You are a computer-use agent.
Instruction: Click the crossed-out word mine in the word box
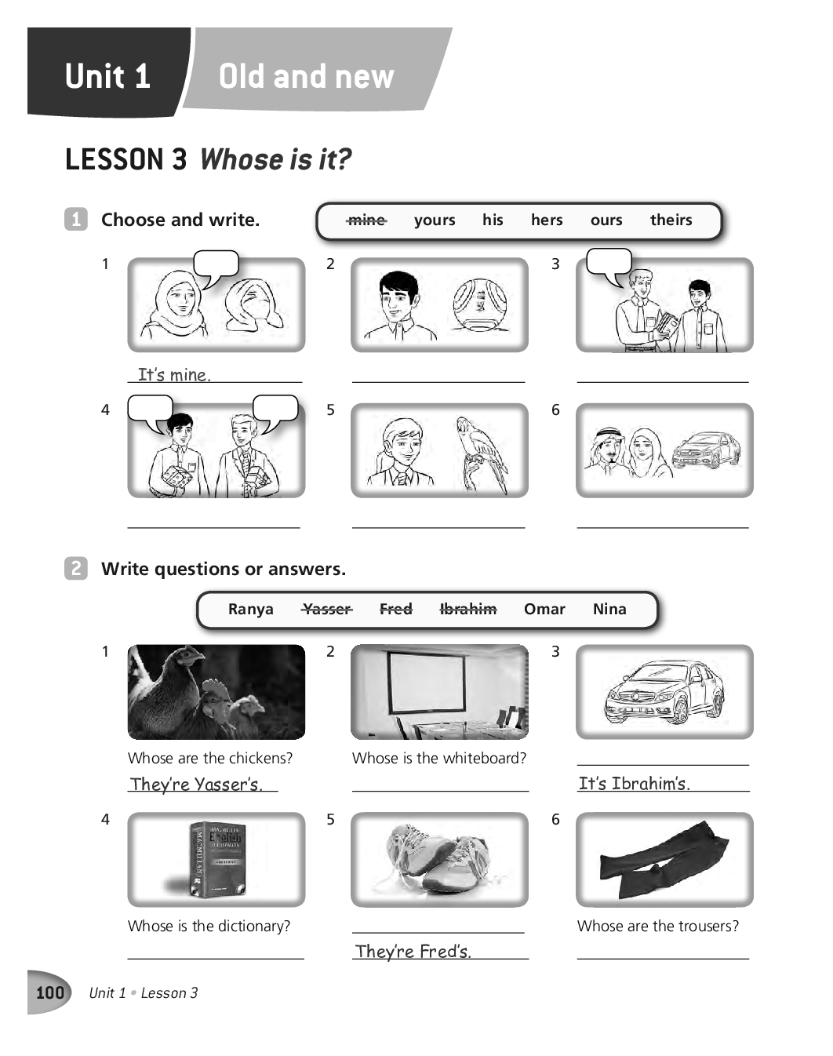[366, 220]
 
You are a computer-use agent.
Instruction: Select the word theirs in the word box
[671, 220]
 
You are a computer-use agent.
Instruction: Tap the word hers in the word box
[547, 220]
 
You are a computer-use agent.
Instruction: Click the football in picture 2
[479, 304]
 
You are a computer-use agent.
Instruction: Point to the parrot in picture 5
[481, 454]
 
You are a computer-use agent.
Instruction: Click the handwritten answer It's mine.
[174, 374]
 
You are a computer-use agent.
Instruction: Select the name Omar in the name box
[544, 609]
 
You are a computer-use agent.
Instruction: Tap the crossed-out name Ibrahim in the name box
[468, 609]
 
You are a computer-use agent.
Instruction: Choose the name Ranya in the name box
[251, 610]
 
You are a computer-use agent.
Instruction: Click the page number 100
[50, 992]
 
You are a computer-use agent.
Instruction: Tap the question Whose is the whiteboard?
[439, 758]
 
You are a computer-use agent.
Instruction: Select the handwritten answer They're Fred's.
[413, 952]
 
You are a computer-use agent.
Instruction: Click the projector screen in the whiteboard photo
[427, 683]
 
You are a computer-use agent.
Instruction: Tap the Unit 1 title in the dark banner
[107, 76]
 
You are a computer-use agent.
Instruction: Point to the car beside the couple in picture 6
[707, 450]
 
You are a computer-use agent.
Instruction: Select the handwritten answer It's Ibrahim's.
[634, 783]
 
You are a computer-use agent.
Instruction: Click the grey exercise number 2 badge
[76, 568]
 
